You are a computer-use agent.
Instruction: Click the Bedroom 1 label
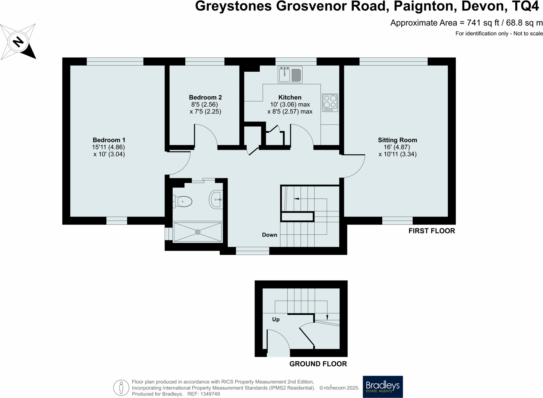[x=109, y=140]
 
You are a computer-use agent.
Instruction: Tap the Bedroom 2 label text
[x=205, y=98]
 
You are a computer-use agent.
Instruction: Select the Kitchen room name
[x=290, y=98]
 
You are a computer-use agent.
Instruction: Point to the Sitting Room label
[x=397, y=140]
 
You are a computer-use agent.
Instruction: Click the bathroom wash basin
[x=216, y=200]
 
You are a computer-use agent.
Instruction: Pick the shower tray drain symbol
[x=198, y=232]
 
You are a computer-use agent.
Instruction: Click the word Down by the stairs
[x=270, y=235]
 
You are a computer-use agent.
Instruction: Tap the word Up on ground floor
[x=276, y=320]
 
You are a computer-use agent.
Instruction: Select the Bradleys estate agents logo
[x=383, y=387]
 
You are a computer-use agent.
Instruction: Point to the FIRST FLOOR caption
[x=431, y=231]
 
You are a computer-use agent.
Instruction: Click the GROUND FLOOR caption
[x=318, y=364]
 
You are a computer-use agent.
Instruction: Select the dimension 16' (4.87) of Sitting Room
[x=397, y=147]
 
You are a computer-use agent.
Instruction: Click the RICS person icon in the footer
[x=121, y=388]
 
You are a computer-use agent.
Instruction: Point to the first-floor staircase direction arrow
[x=297, y=199]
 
